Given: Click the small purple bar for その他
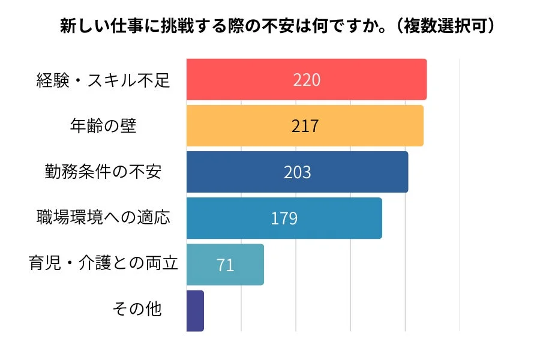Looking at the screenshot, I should pyautogui.click(x=195, y=310).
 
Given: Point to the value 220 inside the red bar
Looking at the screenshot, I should pyautogui.click(x=307, y=80).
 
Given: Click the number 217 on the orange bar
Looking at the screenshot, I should pyautogui.click(x=305, y=126).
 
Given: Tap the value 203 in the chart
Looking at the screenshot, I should pyautogui.click(x=297, y=172).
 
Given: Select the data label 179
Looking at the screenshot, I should pyautogui.click(x=284, y=218).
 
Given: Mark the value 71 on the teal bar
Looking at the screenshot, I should pyautogui.click(x=225, y=265).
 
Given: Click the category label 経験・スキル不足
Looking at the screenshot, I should pyautogui.click(x=103, y=80).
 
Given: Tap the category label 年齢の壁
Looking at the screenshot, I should pyautogui.click(x=103, y=126).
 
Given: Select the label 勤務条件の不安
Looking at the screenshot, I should pyautogui.click(x=103, y=172).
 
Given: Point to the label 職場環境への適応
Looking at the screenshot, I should pyautogui.click(x=103, y=217).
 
